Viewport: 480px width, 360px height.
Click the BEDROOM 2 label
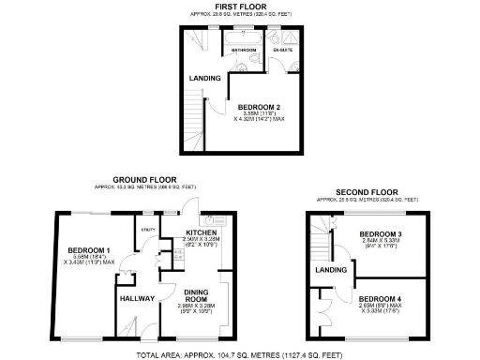tap(257, 107)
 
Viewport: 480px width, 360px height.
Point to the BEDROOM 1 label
tap(90, 249)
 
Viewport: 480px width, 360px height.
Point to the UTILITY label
tap(147, 228)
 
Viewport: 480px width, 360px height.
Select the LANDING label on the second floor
tap(328, 270)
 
